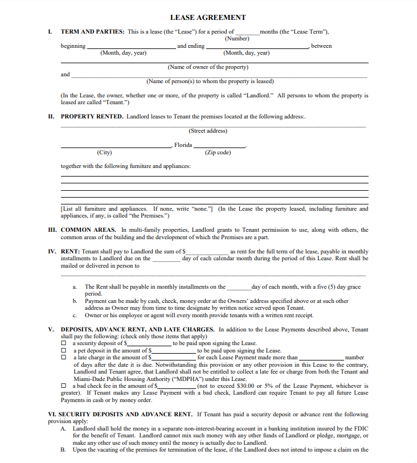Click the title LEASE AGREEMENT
[208, 18]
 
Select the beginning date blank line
[131, 48]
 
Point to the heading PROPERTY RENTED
[92, 116]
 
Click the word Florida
[183, 145]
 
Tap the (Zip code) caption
[218, 153]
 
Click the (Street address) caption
[208, 131]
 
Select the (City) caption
[104, 153]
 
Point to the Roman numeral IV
[52, 251]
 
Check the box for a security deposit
[64, 344]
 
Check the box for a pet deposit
[64, 351]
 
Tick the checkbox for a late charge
[64, 358]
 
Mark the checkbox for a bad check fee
[64, 386]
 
